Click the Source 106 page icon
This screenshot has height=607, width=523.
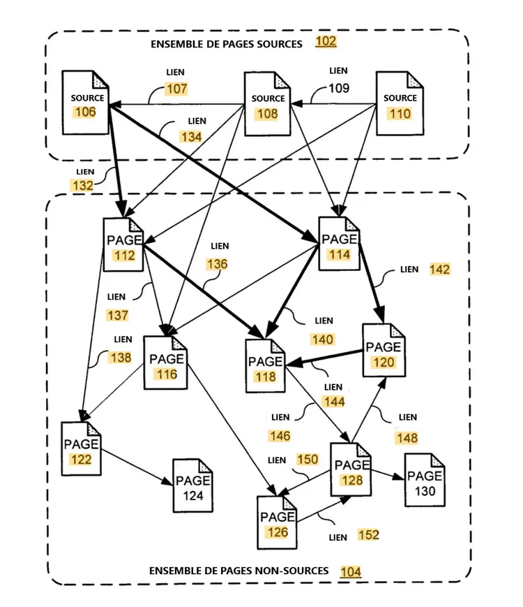pos(86,103)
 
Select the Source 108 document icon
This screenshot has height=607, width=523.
pos(268,104)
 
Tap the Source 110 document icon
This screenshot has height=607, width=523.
pos(400,103)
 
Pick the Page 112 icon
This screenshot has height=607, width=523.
pos(123,244)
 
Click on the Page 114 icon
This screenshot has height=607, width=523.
pos(340,244)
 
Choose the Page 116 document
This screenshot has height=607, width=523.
pos(166,363)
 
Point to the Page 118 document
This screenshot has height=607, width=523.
pos(266,366)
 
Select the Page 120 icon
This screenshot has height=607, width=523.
pos(384,351)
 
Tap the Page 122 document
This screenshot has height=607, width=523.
pos(81,448)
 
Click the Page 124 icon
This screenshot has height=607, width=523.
pos(193,485)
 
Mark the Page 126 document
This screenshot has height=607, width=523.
pos(277,522)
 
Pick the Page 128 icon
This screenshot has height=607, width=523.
pos(351,469)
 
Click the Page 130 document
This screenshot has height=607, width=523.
pos(425,480)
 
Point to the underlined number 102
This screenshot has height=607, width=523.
pos(326,41)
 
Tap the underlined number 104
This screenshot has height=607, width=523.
pos(351,571)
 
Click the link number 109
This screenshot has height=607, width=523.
pos(339,88)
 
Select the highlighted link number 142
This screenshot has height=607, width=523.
pos(439,270)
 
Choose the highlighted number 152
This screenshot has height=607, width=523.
pos(368,535)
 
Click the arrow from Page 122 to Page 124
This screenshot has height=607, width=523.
pos(137,467)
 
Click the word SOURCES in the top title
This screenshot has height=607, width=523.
pos(279,44)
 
